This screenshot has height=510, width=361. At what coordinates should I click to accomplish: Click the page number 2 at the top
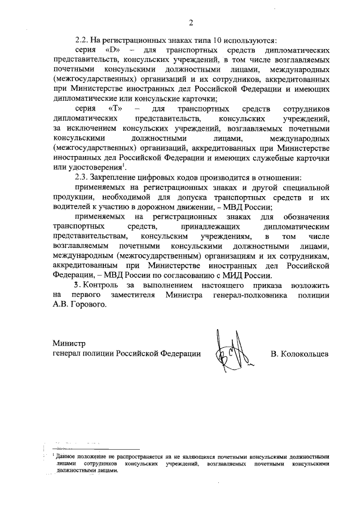pyautogui.click(x=191, y=23)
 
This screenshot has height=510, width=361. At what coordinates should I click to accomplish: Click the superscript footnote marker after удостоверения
pyautogui.click(x=122, y=166)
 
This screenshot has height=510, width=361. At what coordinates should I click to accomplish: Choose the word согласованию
pyautogui.click(x=194, y=276)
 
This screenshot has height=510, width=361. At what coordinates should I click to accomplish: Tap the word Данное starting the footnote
pyautogui.click(x=67, y=455)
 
